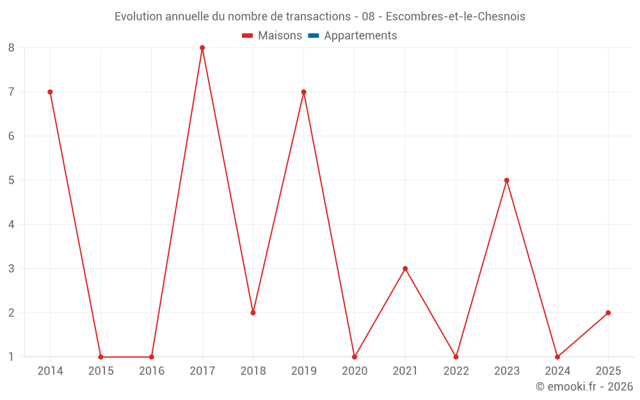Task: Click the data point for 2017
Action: pos(202,48)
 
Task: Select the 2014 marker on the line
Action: pos(50,92)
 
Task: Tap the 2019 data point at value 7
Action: pos(303,92)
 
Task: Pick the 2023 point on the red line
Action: pos(507,180)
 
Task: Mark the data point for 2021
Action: pos(405,269)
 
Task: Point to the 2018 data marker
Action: pos(253,313)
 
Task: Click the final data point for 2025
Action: pos(608,313)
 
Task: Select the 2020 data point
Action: pos(355,357)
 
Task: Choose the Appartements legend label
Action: pos(360,36)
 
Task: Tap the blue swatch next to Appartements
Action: pos(313,36)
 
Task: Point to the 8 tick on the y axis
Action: pos(12,48)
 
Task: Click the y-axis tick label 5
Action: pos(12,180)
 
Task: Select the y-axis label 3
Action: pos(12,269)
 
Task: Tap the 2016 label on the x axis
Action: pos(152,371)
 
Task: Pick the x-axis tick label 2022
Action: pos(456,371)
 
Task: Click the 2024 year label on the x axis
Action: pos(557,371)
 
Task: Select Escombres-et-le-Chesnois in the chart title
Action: pos(455,17)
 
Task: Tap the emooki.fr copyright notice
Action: pos(584,387)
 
